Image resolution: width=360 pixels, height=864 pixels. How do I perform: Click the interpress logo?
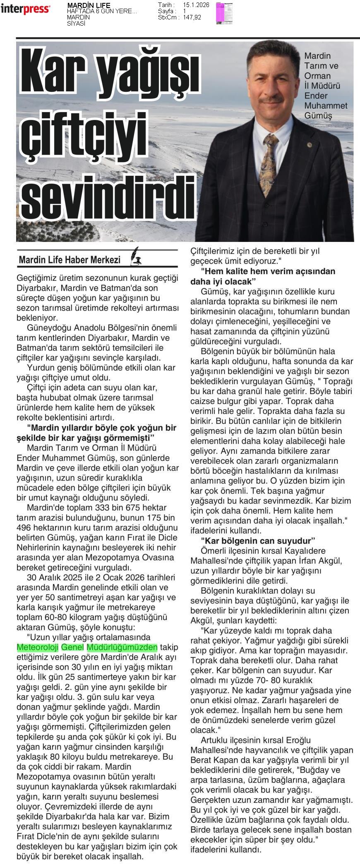point(25,9)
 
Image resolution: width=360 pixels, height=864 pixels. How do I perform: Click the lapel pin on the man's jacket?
point(308,145)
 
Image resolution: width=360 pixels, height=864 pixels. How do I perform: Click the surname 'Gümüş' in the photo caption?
point(318,116)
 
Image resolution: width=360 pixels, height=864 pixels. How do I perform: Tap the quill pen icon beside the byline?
point(135,256)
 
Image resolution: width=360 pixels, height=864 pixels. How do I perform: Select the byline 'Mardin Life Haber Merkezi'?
point(70,260)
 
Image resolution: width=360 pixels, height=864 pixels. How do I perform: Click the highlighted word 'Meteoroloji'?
point(38,647)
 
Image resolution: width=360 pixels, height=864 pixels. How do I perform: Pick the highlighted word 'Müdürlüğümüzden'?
point(122,647)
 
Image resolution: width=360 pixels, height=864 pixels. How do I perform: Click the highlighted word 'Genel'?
point(72,647)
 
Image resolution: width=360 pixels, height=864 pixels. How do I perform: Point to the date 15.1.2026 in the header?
point(196,5)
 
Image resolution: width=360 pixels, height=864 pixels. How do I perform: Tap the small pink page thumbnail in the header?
point(224,13)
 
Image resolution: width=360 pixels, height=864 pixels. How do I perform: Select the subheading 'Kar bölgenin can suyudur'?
point(258,541)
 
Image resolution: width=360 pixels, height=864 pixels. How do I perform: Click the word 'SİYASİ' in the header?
point(76,24)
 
